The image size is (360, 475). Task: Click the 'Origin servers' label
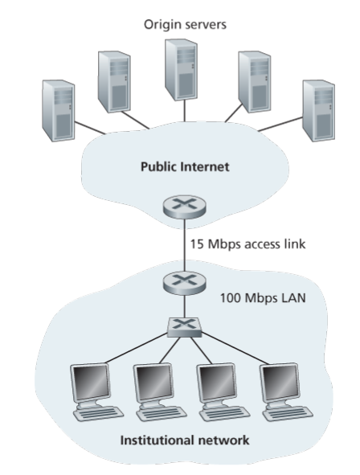[185, 25]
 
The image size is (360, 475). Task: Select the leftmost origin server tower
[59, 111]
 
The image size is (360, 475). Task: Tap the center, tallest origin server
[181, 70]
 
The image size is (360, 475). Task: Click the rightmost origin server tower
[319, 111]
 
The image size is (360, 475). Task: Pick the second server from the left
[114, 82]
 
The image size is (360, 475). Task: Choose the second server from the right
[255, 82]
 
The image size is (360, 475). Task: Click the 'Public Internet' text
[185, 166]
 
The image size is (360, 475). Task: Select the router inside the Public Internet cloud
[184, 207]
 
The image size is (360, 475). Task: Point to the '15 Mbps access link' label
[247, 244]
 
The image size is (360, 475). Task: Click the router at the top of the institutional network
[184, 283]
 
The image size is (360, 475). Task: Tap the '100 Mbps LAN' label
[263, 298]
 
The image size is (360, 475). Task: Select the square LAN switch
[184, 327]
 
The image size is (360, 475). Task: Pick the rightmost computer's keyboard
[288, 414]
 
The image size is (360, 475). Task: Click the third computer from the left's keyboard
[224, 414]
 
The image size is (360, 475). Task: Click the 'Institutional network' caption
[185, 440]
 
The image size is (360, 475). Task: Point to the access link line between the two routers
[184, 245]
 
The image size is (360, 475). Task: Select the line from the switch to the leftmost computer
[137, 348]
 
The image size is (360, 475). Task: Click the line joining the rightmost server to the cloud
[280, 125]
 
